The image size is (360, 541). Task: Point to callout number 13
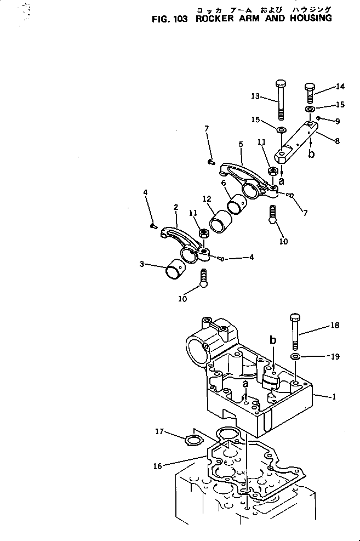255,97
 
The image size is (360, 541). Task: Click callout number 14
340,87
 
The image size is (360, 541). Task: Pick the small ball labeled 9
318,118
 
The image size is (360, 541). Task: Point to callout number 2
175,207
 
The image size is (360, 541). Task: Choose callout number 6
223,183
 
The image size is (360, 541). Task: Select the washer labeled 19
295,357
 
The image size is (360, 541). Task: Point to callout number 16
158,466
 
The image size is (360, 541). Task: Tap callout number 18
335,325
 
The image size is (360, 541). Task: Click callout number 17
159,432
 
